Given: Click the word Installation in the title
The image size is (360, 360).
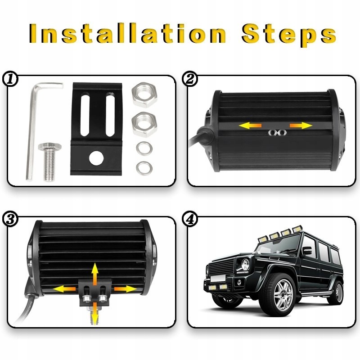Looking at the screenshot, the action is pyautogui.click(x=127, y=33).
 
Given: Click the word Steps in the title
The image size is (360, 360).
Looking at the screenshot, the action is pyautogui.click(x=289, y=35).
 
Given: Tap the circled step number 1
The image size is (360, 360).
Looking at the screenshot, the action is pyautogui.click(x=9, y=80).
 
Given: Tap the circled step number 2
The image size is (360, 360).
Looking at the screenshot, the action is pyautogui.click(x=189, y=80).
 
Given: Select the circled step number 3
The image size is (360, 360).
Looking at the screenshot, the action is pyautogui.click(x=9, y=220).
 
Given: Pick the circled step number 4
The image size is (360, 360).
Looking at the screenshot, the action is pyautogui.click(x=189, y=220).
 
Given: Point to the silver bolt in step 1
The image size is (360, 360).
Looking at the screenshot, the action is pyautogui.click(x=49, y=162).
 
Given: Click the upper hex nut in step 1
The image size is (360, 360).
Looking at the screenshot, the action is pyautogui.click(x=144, y=94).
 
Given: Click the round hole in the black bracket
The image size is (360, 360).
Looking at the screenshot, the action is pyautogui.click(x=96, y=158).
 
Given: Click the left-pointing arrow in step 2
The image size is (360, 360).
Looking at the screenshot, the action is pyautogui.click(x=250, y=126).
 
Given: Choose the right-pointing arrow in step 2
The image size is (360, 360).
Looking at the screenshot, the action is pyautogui.click(x=301, y=126).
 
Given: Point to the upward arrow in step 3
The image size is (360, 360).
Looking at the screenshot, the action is pyautogui.click(x=94, y=274).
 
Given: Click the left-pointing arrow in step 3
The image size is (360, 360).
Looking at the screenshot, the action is pyautogui.click(x=64, y=289).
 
